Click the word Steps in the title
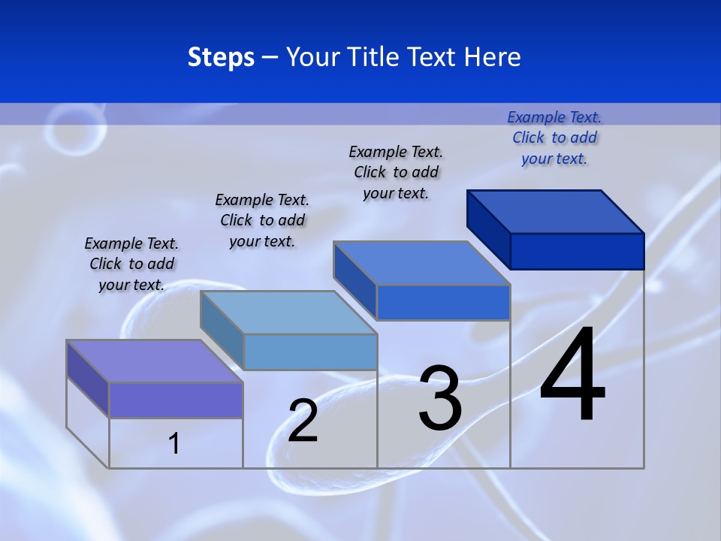pos(221,57)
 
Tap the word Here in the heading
pos(493,57)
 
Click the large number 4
pos(572,375)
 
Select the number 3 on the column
pos(440,399)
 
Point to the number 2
pos(303,421)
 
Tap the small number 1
pos(174,443)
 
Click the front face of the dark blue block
pos(577,251)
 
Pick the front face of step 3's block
pos(443,302)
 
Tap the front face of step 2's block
pos(310,352)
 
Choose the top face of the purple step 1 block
pos(155,361)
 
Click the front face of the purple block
pos(176,400)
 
